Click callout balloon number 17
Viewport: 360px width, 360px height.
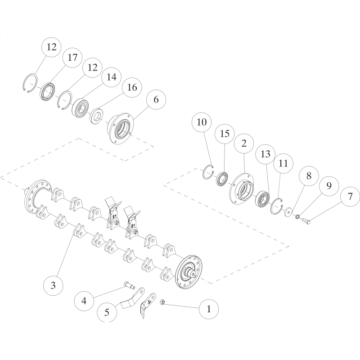pos(72,58)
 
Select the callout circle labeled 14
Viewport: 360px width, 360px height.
pos(111,77)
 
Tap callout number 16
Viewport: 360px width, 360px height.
pos(132,87)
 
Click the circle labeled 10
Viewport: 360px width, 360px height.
pos(201,122)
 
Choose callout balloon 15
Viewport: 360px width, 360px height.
pos(225,134)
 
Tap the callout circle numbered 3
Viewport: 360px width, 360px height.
pos(53,285)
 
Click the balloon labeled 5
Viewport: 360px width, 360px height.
pos(106,312)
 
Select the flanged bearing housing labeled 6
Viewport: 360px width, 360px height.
pos(120,129)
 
